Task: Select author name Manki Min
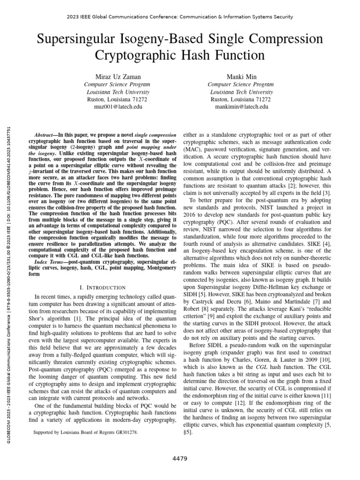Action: (x=240, y=76)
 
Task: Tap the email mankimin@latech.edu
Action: (x=240, y=107)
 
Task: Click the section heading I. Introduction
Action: (x=100, y=287)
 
